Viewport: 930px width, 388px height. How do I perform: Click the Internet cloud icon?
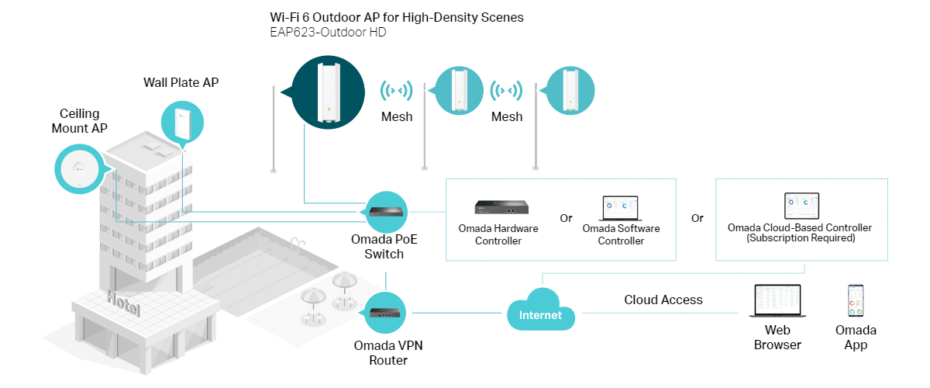tap(541, 310)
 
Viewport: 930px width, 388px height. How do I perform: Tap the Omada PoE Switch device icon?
tap(386, 212)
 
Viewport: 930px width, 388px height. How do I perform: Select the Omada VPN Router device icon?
tap(385, 312)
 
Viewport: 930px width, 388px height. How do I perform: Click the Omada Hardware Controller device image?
tap(501, 207)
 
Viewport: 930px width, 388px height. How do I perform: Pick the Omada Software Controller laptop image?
tap(620, 208)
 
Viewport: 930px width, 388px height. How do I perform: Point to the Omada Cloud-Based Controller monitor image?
tap(801, 206)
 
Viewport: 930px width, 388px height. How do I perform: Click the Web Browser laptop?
tap(777, 300)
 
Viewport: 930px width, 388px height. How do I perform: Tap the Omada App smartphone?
tap(856, 300)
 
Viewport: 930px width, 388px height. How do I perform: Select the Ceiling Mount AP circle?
tap(79, 169)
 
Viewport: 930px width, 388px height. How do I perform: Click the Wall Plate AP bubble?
tap(182, 123)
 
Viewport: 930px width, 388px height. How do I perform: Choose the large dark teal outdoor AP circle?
tap(328, 92)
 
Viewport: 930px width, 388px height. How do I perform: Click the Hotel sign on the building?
tap(123, 303)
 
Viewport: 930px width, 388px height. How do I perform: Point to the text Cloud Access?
tap(663, 300)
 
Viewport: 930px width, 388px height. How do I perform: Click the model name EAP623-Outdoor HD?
tap(328, 32)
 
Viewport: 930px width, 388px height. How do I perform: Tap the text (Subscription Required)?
tap(801, 238)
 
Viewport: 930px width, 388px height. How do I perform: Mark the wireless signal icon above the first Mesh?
tap(397, 90)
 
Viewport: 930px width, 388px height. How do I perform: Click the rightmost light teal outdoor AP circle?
tap(570, 91)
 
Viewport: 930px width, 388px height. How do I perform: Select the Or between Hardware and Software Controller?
tap(566, 218)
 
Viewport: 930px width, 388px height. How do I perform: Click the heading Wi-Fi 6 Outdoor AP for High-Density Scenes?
tap(397, 18)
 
